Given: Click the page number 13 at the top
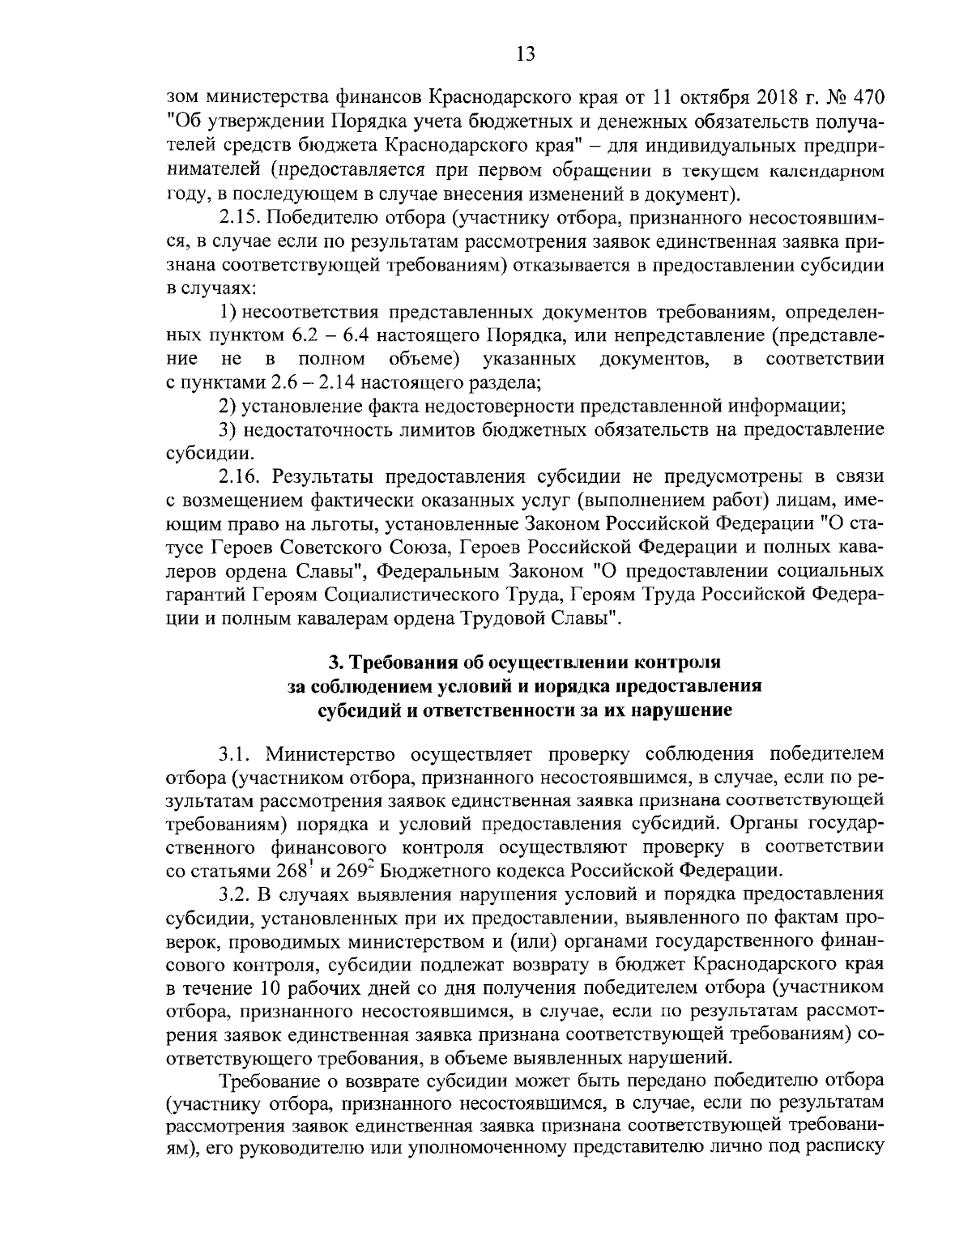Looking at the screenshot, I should coord(524,53).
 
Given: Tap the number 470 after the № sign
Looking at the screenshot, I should coord(861,98).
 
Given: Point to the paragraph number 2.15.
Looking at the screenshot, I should coord(239,219).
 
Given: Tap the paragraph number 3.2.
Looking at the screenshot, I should coord(235,894).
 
